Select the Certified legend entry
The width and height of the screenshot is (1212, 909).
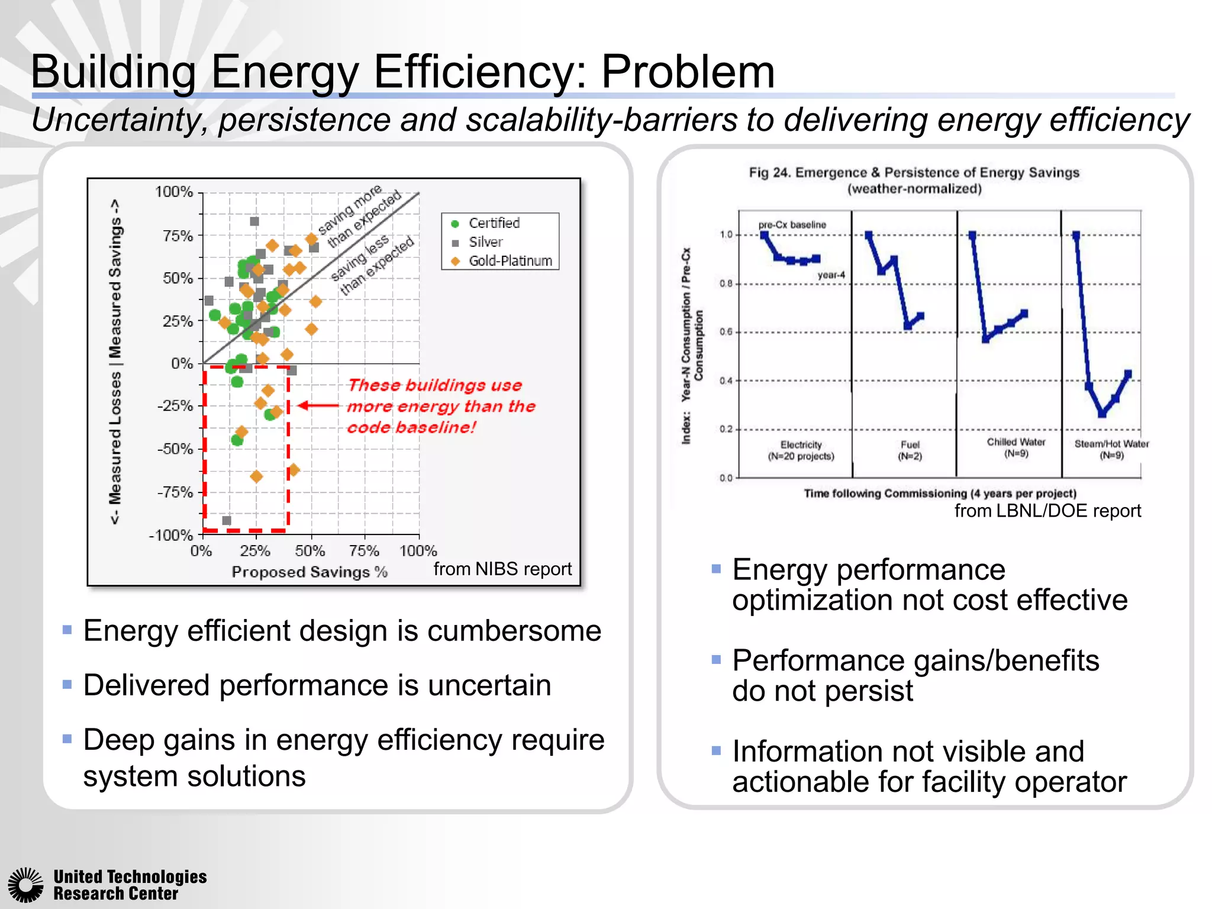point(494,223)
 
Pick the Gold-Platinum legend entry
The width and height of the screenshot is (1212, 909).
point(510,261)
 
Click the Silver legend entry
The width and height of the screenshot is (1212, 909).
point(485,242)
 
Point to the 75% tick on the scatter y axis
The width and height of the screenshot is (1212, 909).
point(178,236)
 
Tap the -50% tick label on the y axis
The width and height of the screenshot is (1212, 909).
point(175,449)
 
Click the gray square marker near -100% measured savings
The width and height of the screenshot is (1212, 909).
point(227,521)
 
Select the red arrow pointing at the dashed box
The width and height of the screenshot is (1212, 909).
point(318,406)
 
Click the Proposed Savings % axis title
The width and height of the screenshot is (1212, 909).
point(310,572)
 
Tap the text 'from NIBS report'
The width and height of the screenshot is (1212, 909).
point(502,569)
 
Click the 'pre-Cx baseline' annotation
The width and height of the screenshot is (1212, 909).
point(792,225)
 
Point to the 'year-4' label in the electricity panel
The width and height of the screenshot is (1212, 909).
point(831,275)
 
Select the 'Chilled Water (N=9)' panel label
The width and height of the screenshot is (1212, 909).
point(1016,448)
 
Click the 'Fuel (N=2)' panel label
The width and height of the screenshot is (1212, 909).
point(910,450)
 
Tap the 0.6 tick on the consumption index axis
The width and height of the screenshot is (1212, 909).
point(726,332)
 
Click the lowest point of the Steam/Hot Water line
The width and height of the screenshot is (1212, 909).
point(1102,414)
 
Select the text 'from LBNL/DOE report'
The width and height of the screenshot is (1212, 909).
point(1047,511)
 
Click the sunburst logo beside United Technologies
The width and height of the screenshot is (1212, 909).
point(25,885)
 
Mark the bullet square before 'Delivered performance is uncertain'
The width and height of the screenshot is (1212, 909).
point(67,685)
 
